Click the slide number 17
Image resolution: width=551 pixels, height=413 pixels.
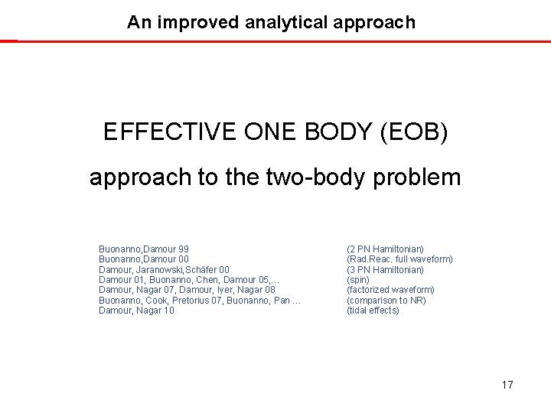(507, 385)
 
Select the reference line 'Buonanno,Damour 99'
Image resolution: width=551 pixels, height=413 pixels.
(144, 249)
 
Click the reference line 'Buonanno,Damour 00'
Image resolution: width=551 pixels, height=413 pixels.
(144, 259)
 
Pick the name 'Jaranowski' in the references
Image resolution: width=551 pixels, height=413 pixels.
(168, 270)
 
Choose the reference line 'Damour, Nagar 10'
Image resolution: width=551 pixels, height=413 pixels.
(136, 311)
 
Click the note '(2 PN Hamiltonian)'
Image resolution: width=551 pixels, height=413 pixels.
(385, 249)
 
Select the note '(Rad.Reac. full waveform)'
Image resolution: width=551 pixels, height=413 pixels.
(399, 259)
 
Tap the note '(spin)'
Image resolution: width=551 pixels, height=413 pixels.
(358, 280)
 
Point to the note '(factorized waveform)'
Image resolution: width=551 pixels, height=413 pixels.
(390, 290)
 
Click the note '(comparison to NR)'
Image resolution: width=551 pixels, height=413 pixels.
(386, 301)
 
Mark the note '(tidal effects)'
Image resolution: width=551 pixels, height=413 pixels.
(373, 311)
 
